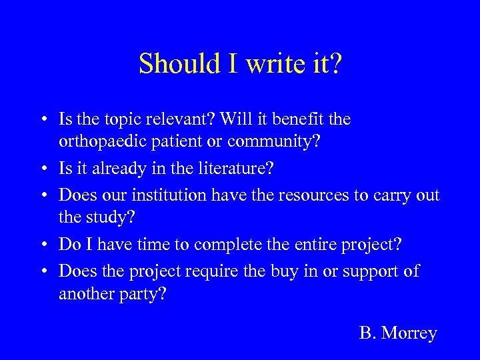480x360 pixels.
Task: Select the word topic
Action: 123,120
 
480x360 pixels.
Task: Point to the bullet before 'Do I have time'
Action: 42,245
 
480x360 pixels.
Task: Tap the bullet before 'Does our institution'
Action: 42,195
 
